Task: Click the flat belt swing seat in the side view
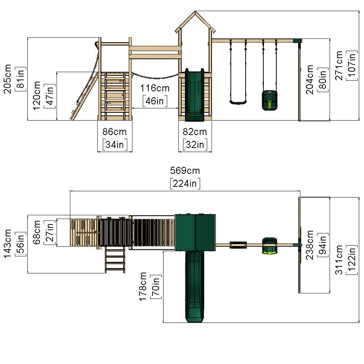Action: (x=238, y=102)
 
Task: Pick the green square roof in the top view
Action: (x=195, y=232)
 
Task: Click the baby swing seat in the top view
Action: (x=269, y=245)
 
